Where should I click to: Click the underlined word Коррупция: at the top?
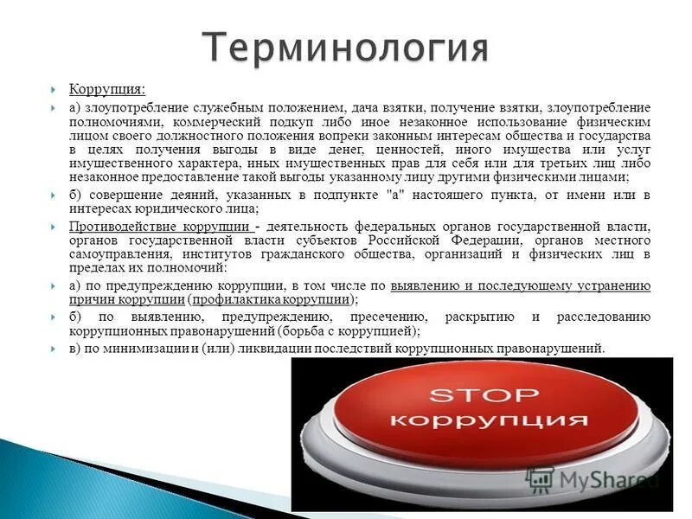click(x=107, y=89)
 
